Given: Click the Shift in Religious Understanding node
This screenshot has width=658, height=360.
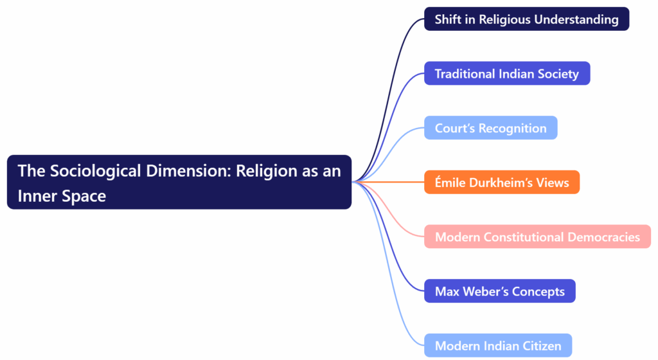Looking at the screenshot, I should point(526,19).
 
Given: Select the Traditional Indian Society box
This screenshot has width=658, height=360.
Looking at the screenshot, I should point(506,73).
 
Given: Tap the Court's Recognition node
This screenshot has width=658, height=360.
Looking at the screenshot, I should point(490,128).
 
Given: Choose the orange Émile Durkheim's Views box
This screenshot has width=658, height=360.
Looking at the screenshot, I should point(501,183).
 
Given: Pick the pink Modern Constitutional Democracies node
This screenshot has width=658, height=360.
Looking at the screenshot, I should point(537,237).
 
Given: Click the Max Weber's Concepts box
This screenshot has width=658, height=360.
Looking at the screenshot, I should point(499,291).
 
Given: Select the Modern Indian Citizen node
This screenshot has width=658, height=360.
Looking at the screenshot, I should point(497,346).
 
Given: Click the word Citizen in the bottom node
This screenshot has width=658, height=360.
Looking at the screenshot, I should point(537,346).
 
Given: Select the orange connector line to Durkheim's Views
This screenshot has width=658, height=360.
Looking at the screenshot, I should point(392,183).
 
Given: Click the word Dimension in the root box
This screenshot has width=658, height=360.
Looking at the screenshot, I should point(183,171).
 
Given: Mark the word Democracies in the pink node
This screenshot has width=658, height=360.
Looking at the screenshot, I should point(604,237).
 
